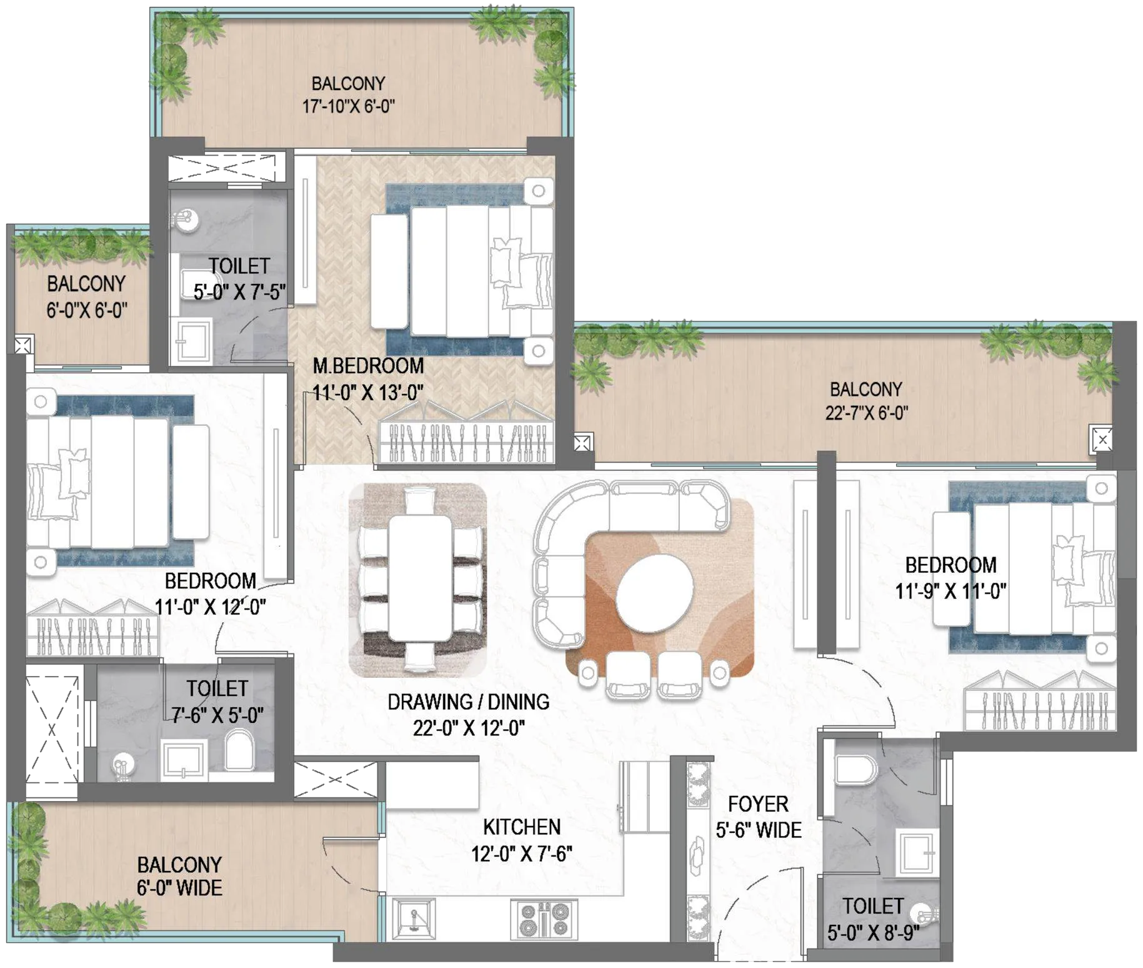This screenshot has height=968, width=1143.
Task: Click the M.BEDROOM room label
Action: pyautogui.click(x=368, y=366)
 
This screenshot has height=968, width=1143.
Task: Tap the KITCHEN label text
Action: pyautogui.click(x=522, y=827)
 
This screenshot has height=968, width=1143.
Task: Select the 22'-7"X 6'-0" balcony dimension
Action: pyautogui.click(x=866, y=413)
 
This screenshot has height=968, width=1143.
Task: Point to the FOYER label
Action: pyautogui.click(x=758, y=804)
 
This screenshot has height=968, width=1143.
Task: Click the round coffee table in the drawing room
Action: pyautogui.click(x=654, y=592)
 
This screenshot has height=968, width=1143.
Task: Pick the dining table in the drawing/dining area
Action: pyautogui.click(x=420, y=578)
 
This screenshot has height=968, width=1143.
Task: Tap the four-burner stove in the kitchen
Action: pyautogui.click(x=544, y=919)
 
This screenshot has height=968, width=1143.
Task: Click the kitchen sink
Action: pyautogui.click(x=413, y=919)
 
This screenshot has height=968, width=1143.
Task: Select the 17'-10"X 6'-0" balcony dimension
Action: pyautogui.click(x=349, y=106)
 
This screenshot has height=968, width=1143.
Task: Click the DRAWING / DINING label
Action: pyautogui.click(x=469, y=702)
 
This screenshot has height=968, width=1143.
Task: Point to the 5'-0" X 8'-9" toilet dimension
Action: pyautogui.click(x=873, y=933)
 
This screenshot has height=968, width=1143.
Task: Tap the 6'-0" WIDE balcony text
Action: pyautogui.click(x=179, y=888)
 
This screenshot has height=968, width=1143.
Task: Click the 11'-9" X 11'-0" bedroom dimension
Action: pyautogui.click(x=951, y=591)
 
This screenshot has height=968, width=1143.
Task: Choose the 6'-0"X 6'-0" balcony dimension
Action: pyautogui.click(x=87, y=310)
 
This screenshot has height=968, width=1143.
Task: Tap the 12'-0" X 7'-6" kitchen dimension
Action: pyautogui.click(x=522, y=854)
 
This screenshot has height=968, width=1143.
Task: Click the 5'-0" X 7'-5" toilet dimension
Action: pyautogui.click(x=239, y=292)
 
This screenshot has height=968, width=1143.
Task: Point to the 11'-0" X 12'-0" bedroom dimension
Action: pyautogui.click(x=210, y=607)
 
